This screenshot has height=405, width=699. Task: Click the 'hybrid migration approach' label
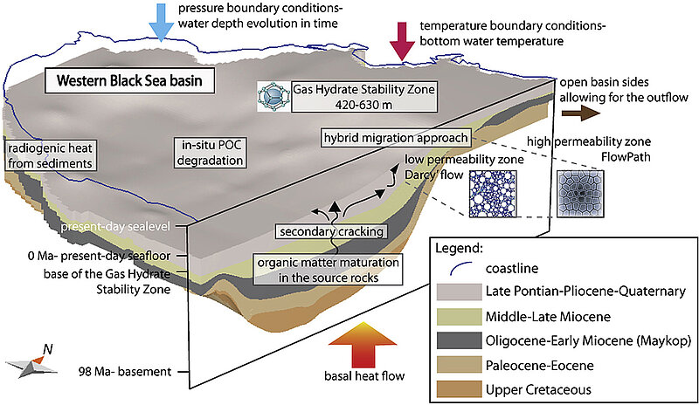pyautogui.click(x=395, y=137)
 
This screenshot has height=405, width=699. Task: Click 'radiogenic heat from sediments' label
pyautogui.click(x=48, y=154)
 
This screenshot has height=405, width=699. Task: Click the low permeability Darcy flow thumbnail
pyautogui.click(x=494, y=195)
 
